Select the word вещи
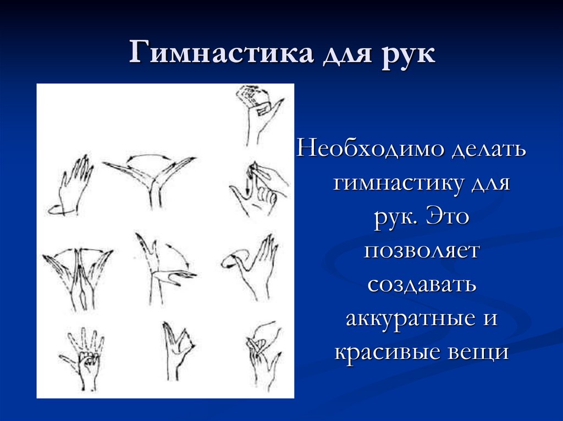coord(479,352)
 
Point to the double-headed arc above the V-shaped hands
coord(148,158)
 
